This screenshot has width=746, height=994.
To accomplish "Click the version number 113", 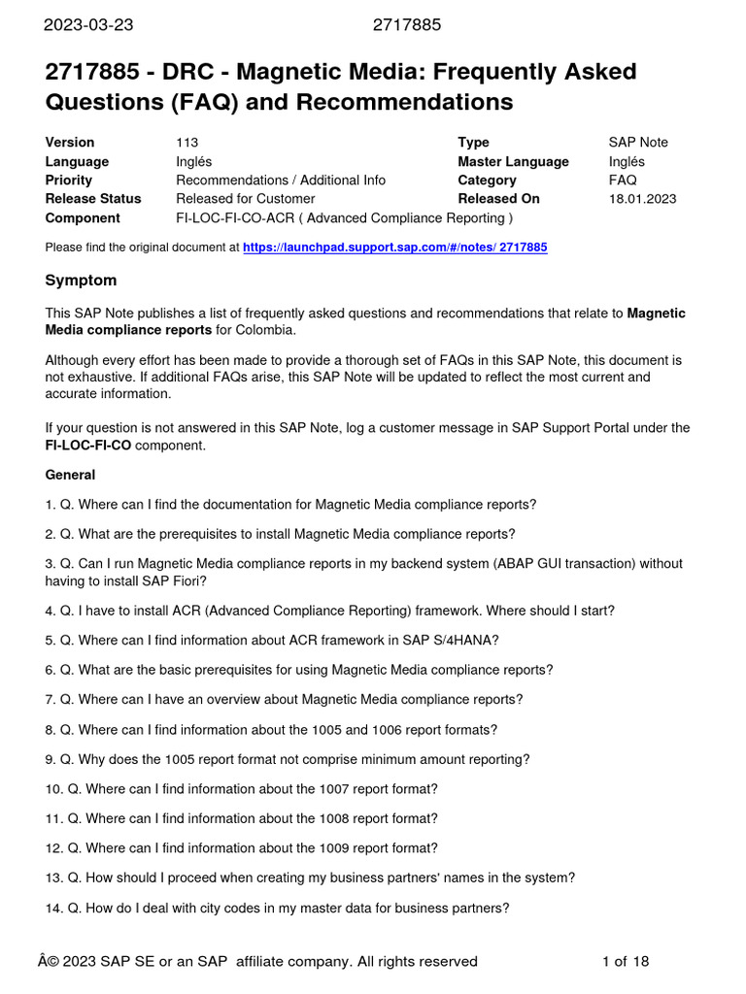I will [x=187, y=143].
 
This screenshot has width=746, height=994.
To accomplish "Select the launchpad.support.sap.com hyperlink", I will [x=394, y=248].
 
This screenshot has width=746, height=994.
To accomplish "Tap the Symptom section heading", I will [x=81, y=281].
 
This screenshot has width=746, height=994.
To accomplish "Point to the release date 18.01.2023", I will [x=642, y=199].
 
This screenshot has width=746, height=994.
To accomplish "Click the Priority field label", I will [x=69, y=181].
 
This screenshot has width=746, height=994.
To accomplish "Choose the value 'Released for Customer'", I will [x=246, y=199].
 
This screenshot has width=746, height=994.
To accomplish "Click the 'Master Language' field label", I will [x=513, y=161].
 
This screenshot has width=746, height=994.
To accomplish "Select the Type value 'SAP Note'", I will [x=638, y=143].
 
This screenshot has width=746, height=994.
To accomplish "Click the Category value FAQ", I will [x=623, y=181].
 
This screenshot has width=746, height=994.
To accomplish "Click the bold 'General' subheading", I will [x=70, y=475].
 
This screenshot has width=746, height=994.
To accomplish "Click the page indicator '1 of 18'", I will [x=626, y=962].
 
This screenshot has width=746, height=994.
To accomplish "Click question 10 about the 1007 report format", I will [x=241, y=789].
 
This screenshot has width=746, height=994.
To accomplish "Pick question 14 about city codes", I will [x=277, y=909].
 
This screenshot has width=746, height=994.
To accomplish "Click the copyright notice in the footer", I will [x=261, y=962].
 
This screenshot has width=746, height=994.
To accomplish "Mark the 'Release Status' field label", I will [x=93, y=199].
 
